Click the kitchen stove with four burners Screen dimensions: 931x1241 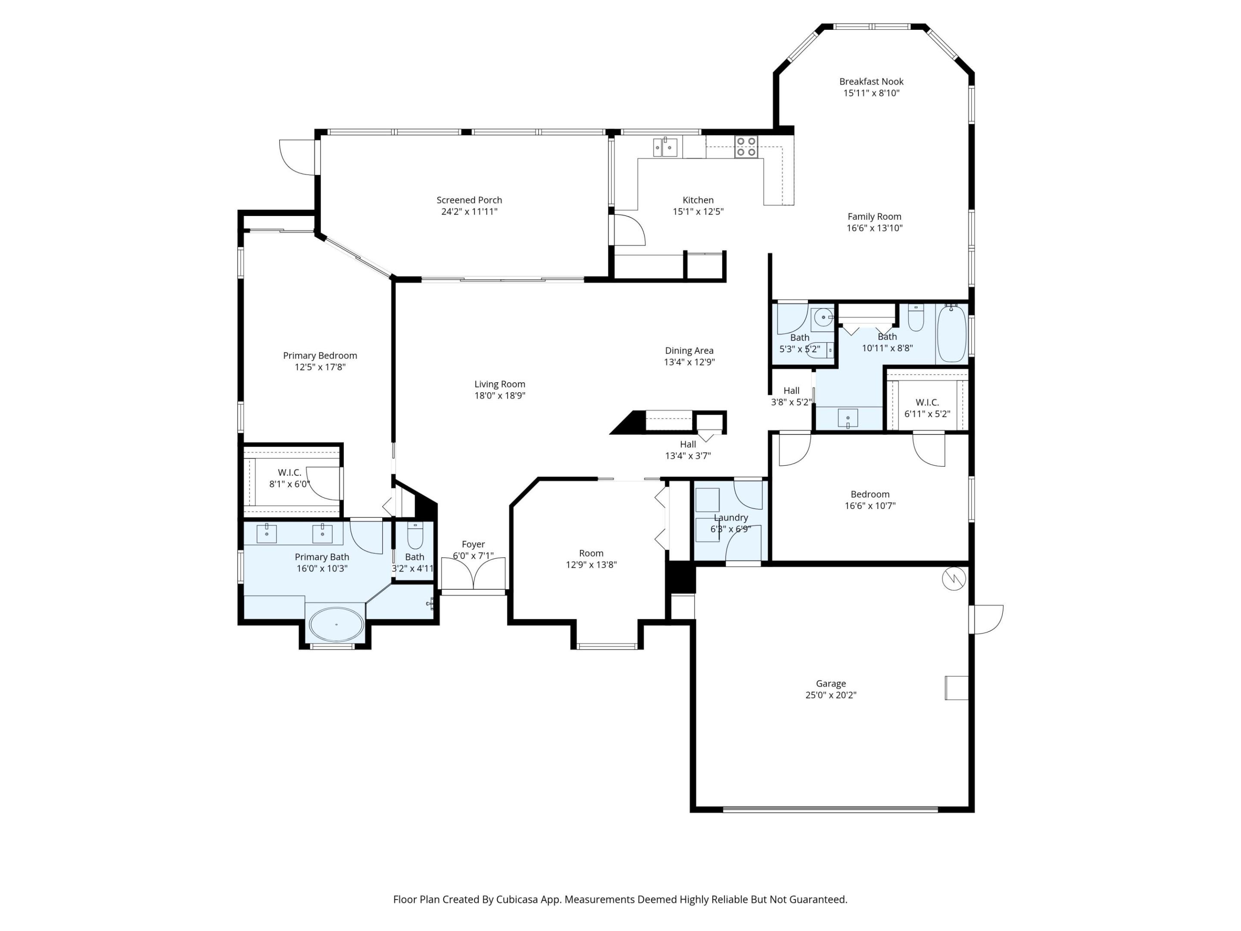point(746,147)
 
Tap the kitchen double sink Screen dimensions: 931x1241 point(665,147)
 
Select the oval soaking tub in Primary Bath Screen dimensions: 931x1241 point(337,624)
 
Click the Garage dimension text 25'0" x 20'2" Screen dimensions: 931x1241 point(830,695)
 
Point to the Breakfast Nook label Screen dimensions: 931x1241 point(871,81)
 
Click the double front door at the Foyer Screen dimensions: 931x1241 point(473,574)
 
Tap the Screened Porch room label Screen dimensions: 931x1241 point(469,200)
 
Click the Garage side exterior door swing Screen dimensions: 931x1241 point(988,619)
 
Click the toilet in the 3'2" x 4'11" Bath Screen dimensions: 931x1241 point(415,536)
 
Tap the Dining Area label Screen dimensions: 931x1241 point(689,350)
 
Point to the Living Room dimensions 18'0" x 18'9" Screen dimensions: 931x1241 point(499,396)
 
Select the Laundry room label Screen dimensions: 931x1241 point(730,517)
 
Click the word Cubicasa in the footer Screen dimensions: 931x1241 point(517,900)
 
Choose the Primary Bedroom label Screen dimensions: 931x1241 point(320,355)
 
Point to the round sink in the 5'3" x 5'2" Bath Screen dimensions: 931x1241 point(823,318)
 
